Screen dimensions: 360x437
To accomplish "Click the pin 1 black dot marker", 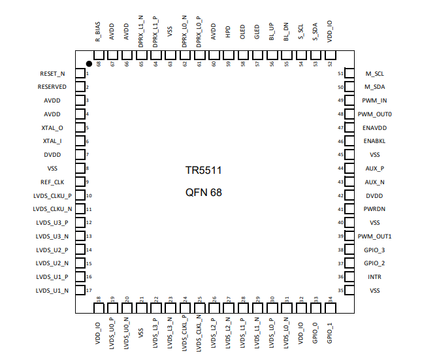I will [89, 64].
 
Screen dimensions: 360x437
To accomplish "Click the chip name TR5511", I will [204, 171].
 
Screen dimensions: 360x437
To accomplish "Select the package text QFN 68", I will [204, 193].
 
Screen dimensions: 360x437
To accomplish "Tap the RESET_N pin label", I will [53, 74].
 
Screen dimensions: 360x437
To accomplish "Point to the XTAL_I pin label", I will [52, 141].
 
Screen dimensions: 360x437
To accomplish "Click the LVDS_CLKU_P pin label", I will [52, 195].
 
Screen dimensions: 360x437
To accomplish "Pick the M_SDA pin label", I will [376, 87].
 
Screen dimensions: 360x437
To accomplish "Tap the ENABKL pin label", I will [375, 141].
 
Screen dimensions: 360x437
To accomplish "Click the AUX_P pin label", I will [375, 168].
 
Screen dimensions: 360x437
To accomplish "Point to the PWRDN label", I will [375, 209].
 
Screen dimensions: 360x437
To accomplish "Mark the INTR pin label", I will [375, 277].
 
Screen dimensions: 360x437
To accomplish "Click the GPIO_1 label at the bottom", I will [331, 332].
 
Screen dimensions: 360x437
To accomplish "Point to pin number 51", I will [340, 73].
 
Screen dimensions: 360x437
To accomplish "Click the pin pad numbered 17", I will [81, 290].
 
